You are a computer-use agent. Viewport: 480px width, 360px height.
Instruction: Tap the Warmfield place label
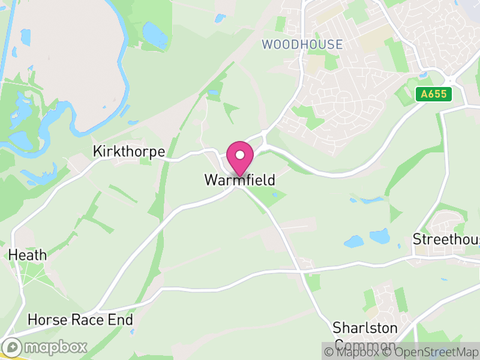(240, 180)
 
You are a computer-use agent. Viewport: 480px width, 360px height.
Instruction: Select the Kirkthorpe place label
(129, 152)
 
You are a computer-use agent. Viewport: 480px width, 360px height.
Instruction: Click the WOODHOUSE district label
(302, 44)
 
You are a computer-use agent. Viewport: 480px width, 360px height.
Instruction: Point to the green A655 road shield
(434, 94)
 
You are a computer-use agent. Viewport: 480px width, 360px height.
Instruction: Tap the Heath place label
(28, 255)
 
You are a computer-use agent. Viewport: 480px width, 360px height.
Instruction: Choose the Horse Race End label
(80, 320)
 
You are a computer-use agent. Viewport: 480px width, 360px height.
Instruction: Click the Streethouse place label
(446, 239)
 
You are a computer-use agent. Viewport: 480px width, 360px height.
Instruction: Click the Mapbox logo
(45, 347)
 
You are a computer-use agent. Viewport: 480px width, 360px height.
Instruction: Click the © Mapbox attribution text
(352, 352)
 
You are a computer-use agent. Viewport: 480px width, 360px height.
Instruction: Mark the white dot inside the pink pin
(240, 155)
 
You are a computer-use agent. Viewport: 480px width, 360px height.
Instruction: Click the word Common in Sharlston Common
(365, 345)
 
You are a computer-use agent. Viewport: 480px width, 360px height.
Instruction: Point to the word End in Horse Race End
(120, 320)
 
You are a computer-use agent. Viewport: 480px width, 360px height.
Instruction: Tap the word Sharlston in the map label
(365, 328)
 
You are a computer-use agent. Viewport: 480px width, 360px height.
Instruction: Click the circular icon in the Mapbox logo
(13, 347)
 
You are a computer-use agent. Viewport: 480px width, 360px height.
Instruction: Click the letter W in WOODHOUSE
(268, 44)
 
